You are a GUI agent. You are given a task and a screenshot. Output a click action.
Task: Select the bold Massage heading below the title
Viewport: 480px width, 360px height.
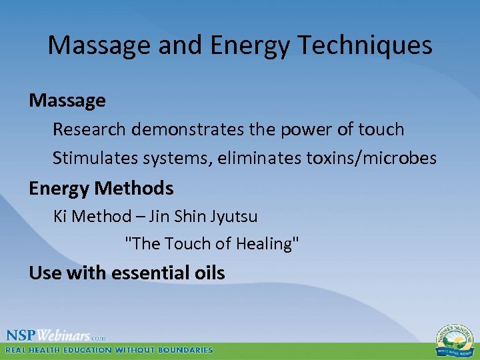[67, 101]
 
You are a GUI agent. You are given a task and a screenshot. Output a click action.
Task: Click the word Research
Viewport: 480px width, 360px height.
[90, 129]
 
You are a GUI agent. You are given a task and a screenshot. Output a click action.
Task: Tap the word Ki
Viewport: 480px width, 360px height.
[60, 217]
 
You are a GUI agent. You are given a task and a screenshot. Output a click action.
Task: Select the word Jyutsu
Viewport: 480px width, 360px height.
[233, 217]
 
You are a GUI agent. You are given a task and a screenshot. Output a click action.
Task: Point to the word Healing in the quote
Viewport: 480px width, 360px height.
[264, 244]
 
